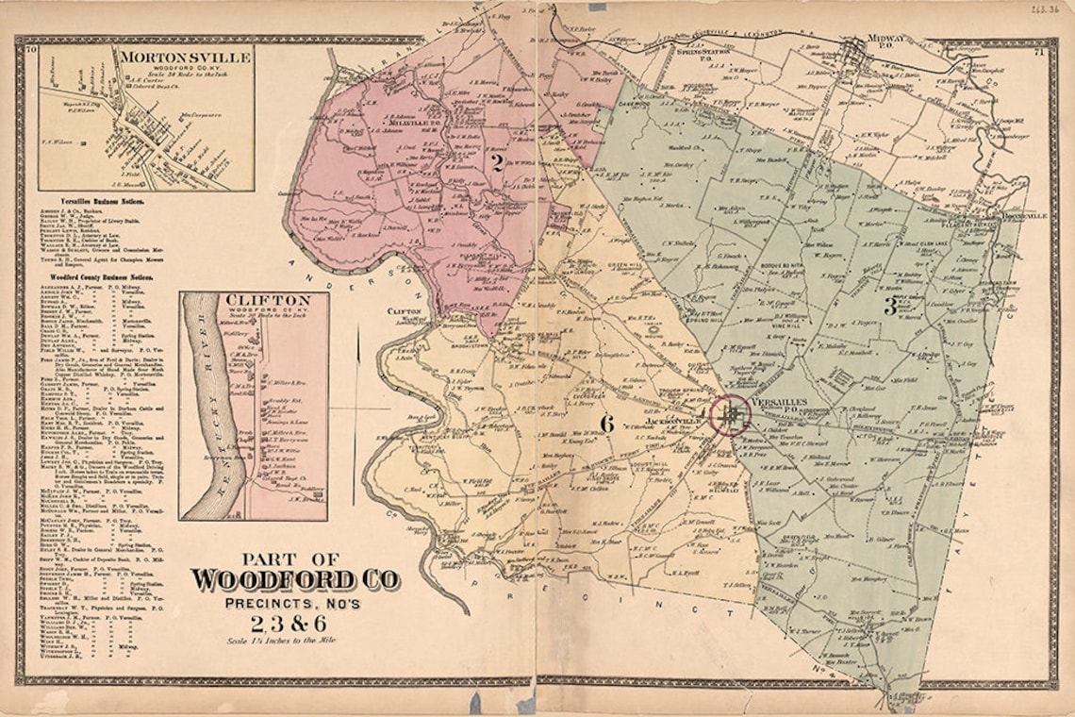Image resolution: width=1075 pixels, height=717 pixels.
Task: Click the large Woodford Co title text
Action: click(x=294, y=579)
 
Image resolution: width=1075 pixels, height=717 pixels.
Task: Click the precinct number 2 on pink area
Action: click(x=493, y=161)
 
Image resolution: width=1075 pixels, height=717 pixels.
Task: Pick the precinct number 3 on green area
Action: click(x=888, y=305)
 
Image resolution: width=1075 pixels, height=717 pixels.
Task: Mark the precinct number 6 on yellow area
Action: click(x=606, y=425)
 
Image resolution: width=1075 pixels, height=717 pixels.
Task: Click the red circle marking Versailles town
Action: click(x=729, y=413)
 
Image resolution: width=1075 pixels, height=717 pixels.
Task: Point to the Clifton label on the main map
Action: click(x=403, y=310)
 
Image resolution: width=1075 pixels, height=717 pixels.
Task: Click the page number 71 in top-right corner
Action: click(x=1037, y=51)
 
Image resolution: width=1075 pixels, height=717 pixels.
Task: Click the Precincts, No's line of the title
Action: click(x=294, y=603)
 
